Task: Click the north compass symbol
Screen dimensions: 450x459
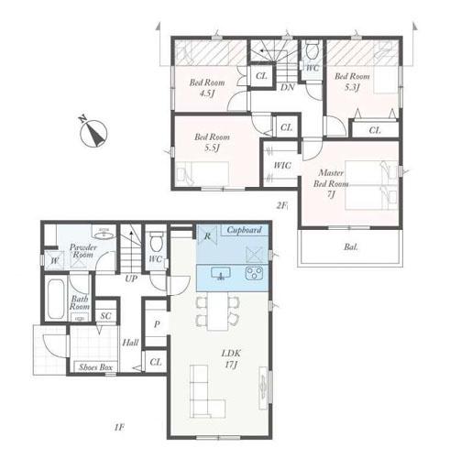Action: click(93, 133)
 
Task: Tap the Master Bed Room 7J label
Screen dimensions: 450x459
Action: click(331, 183)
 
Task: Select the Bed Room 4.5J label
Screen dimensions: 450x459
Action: click(207, 87)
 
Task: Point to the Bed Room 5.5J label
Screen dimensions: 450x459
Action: click(212, 142)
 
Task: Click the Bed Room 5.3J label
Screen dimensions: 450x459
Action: click(352, 82)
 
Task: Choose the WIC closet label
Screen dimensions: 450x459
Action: click(282, 166)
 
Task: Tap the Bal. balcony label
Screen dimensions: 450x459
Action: click(351, 246)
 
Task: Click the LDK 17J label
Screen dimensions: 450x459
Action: click(231, 358)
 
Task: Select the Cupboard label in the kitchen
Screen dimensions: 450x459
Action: click(245, 230)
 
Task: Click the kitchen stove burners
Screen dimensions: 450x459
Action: click(254, 273)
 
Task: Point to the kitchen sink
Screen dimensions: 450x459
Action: click(221, 273)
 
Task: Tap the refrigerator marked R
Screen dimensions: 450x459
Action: click(207, 235)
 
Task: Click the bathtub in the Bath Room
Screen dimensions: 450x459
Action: click(56, 299)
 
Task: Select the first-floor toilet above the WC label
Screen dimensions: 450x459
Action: click(158, 241)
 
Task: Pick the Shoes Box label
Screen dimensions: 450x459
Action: click(96, 367)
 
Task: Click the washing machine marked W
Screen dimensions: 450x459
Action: click(54, 260)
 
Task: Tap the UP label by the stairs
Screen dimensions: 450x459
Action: click(131, 279)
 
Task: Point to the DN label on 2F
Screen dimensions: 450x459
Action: click(288, 87)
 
